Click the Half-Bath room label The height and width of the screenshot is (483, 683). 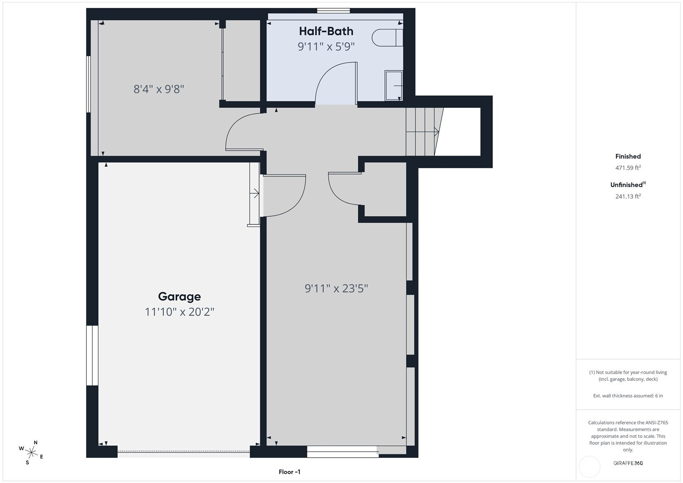tap(326, 31)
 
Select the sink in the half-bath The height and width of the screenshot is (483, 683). tap(394, 86)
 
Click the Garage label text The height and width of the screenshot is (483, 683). tap(179, 296)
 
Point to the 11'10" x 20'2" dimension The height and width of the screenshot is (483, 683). tap(179, 312)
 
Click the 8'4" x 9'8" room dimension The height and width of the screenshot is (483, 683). tap(159, 89)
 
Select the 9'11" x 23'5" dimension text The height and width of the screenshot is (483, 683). tap(336, 288)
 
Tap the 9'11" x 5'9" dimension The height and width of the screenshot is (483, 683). tap(326, 47)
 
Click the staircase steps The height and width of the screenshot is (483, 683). tap(424, 132)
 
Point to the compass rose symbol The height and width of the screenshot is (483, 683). tap(32, 452)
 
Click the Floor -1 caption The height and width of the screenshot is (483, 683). tap(289, 472)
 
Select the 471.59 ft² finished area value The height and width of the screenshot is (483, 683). tap(628, 167)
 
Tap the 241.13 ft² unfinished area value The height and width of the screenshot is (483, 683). tap(628, 196)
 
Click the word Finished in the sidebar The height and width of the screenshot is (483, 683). tap(628, 156)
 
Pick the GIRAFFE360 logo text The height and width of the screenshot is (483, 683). tap(628, 463)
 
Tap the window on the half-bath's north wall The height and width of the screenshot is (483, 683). tap(333, 11)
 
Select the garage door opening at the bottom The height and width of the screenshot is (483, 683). tap(184, 451)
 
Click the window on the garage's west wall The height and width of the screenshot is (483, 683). tap(92, 356)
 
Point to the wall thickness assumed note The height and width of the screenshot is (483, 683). tap(628, 396)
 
